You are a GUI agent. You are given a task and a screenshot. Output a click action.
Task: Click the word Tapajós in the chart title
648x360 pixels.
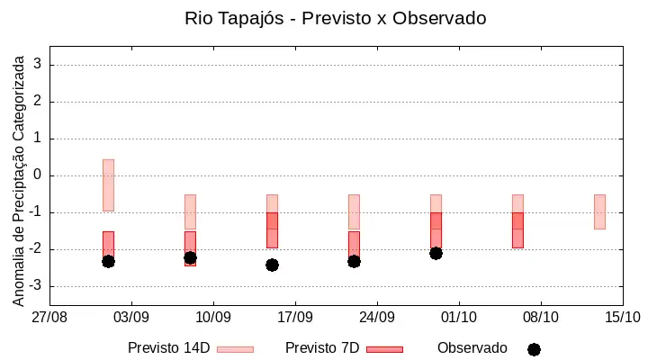251,19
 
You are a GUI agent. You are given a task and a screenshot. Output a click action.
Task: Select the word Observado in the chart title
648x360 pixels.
439,18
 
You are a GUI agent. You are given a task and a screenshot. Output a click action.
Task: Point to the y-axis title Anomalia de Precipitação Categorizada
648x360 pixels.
18,181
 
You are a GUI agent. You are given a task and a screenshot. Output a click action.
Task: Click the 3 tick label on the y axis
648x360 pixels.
38,64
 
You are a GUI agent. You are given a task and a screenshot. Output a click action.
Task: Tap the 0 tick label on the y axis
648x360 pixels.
38,175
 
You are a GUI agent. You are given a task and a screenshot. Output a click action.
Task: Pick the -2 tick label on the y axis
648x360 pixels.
35,248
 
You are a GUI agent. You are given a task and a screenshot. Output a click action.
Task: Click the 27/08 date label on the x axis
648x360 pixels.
49,318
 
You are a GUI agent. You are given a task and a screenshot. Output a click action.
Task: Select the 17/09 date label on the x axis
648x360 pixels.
295,318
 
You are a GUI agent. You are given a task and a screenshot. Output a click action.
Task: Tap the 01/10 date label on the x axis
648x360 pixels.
459,318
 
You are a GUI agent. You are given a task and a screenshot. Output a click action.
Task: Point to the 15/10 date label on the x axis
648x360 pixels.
623,318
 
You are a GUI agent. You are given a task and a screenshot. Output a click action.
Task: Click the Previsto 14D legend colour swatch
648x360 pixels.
235,350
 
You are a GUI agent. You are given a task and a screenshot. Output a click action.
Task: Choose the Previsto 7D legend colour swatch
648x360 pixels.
385,350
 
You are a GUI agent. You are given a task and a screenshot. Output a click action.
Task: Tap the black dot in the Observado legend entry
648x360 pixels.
534,350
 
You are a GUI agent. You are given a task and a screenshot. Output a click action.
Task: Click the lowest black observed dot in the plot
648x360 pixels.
272,265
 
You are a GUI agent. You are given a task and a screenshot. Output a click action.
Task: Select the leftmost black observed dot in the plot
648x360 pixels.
108,261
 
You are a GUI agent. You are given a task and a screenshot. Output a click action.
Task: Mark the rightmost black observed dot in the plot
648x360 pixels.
436,254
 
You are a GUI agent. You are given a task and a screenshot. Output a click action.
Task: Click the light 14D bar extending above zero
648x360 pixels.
108,185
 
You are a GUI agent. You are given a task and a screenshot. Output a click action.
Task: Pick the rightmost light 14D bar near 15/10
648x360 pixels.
599,211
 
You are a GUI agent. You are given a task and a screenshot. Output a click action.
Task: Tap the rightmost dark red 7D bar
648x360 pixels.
517,230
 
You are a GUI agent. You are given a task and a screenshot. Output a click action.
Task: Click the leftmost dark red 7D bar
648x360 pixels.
108,245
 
